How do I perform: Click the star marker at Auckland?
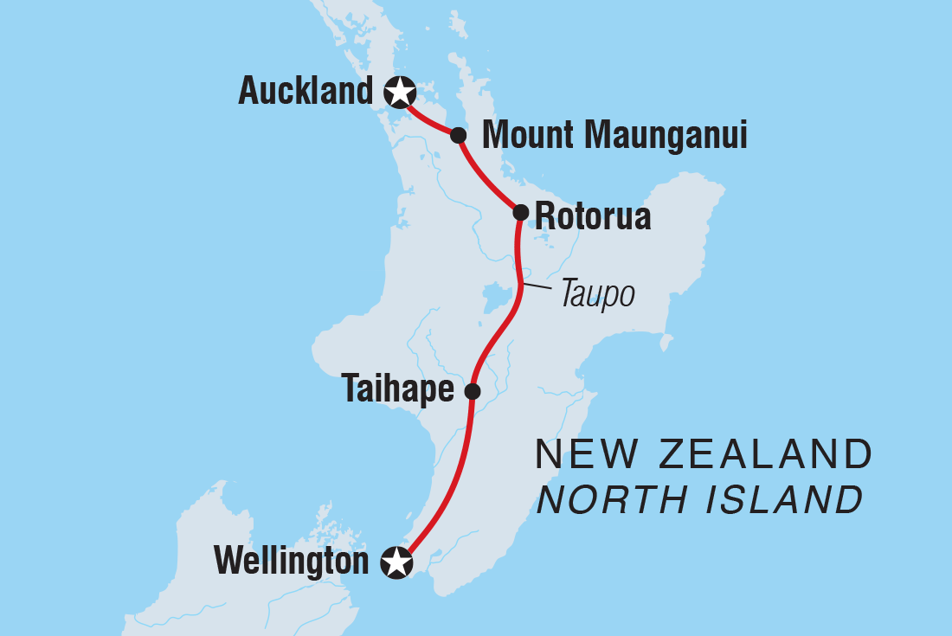[399, 90]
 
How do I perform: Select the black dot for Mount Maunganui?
[459, 135]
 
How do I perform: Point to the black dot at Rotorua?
[521, 212]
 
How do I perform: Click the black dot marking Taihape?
[473, 391]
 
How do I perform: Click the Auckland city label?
[305, 91]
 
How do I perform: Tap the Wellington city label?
[292, 562]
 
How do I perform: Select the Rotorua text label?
[593, 216]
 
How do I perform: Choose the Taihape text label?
[398, 390]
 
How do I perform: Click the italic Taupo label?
[597, 295]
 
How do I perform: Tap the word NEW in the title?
[574, 454]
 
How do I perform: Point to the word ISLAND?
[783, 500]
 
